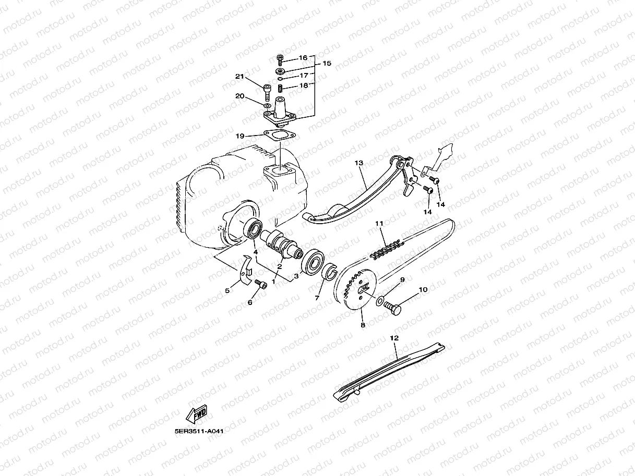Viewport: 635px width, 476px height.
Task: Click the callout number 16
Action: (x=303, y=58)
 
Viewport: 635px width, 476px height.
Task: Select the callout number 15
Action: (x=327, y=64)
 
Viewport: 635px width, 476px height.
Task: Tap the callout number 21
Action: (x=239, y=77)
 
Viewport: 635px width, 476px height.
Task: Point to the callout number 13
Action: (x=358, y=163)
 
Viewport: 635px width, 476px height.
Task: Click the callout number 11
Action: (x=379, y=223)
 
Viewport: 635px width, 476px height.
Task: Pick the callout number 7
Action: (x=317, y=298)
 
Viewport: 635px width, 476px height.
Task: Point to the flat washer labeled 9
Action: (x=380, y=299)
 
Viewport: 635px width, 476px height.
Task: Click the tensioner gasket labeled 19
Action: (x=279, y=136)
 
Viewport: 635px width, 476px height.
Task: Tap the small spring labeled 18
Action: (x=280, y=87)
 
